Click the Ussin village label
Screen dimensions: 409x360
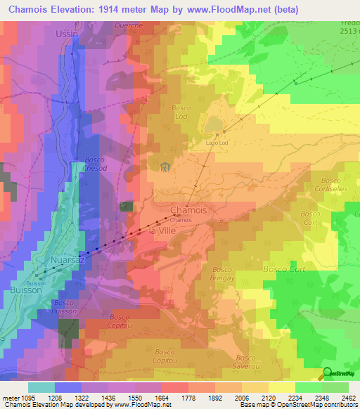coord(67,33)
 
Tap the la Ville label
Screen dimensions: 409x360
coord(162,231)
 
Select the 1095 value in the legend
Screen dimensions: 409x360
coord(41,398)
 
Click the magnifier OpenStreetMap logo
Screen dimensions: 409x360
coord(328,373)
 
